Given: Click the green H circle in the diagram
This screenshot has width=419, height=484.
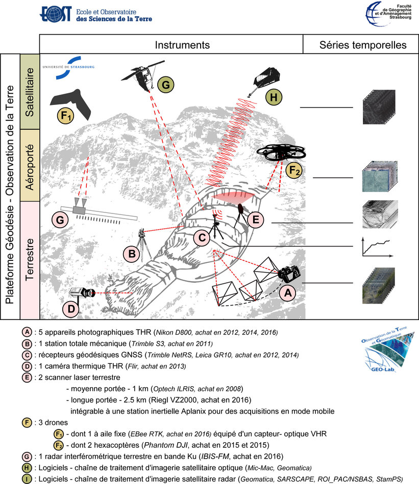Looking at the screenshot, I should pyautogui.click(x=274, y=97).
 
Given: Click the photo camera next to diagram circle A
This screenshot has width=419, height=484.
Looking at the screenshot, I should pyautogui.click(x=289, y=274).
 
